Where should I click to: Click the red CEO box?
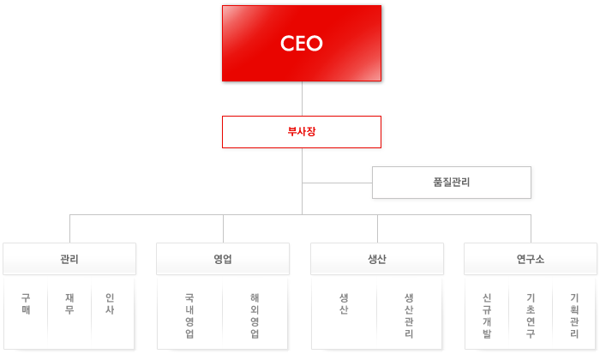click(302, 43)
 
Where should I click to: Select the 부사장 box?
click(302, 132)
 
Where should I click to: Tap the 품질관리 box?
click(452, 183)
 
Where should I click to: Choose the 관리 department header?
click(69, 259)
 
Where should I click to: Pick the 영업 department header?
click(223, 259)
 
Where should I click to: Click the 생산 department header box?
click(377, 259)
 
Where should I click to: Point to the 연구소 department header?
click(531, 259)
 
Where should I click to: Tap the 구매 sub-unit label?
click(26, 303)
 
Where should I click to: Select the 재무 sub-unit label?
click(69, 303)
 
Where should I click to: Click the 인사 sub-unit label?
click(110, 303)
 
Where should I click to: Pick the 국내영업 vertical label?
click(189, 315)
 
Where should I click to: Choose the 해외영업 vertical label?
click(255, 315)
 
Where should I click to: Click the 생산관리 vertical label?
click(409, 315)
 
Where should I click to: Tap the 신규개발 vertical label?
click(487, 315)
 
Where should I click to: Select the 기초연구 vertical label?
click(531, 315)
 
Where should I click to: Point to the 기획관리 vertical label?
click(574, 315)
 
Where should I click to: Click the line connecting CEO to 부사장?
click(302, 99)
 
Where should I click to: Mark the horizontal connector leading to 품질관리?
click(337, 183)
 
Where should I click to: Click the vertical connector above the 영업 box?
click(223, 229)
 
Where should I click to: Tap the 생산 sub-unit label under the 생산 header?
click(344, 303)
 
